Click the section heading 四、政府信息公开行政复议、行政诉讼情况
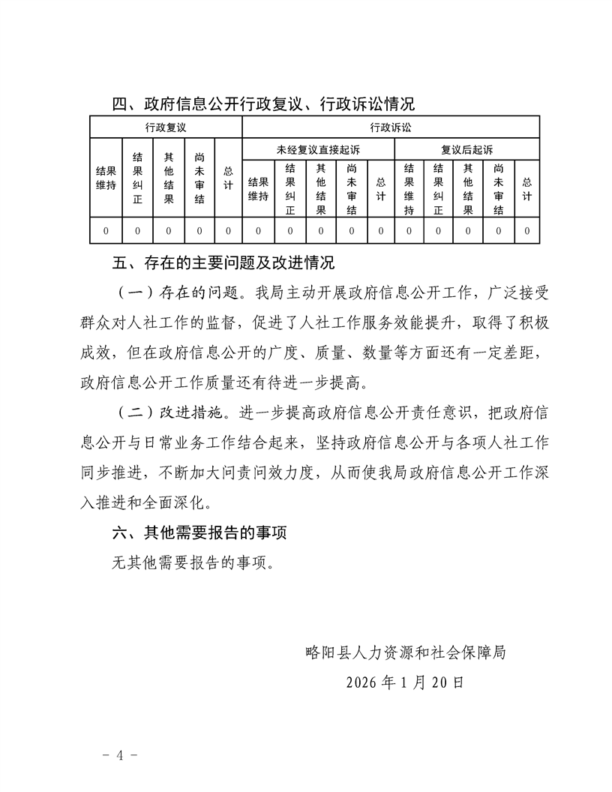(262, 103)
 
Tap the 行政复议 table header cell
(166, 127)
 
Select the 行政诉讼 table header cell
(391, 127)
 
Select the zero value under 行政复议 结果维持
(106, 231)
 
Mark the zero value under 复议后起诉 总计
(527, 231)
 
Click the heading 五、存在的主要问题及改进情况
(222, 264)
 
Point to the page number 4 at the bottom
(119, 754)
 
